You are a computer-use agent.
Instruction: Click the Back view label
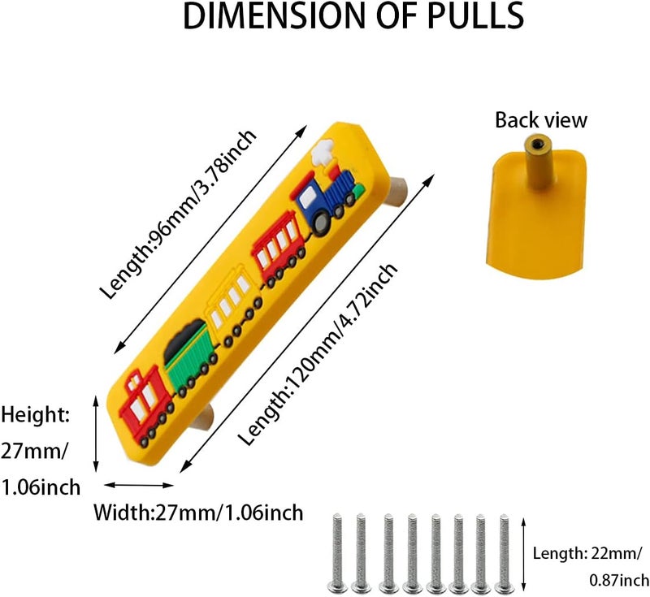pyautogui.click(x=541, y=120)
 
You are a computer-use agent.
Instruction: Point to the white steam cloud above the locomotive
pyautogui.click(x=323, y=152)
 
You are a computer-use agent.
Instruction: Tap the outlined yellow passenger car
pyautogui.click(x=233, y=303)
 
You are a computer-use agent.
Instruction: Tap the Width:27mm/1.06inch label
pyautogui.click(x=198, y=513)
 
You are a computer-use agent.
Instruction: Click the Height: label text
pyautogui.click(x=35, y=415)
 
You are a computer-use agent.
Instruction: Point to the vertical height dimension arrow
pyautogui.click(x=96, y=434)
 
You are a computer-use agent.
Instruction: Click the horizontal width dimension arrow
pyautogui.click(x=138, y=485)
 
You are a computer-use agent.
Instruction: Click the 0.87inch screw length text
pyautogui.click(x=619, y=581)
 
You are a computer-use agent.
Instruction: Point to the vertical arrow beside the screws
pyautogui.click(x=523, y=554)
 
